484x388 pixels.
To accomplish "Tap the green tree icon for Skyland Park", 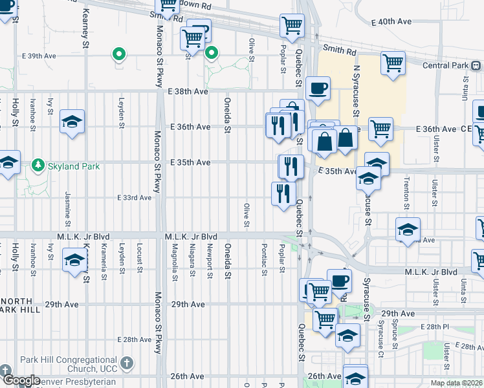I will (38, 166).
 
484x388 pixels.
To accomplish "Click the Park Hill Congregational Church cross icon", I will (127, 363).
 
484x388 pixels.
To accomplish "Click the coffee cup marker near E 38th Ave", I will (317, 88).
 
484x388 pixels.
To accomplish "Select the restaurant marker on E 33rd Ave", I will (283, 193).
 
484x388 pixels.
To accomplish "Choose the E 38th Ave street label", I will (188, 92).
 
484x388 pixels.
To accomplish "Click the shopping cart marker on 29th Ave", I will (325, 318).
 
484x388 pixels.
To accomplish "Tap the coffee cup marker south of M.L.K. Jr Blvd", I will (340, 281).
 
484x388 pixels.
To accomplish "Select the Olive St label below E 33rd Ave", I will (246, 215).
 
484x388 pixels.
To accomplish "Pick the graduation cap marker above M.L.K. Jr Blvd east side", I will (408, 230).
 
